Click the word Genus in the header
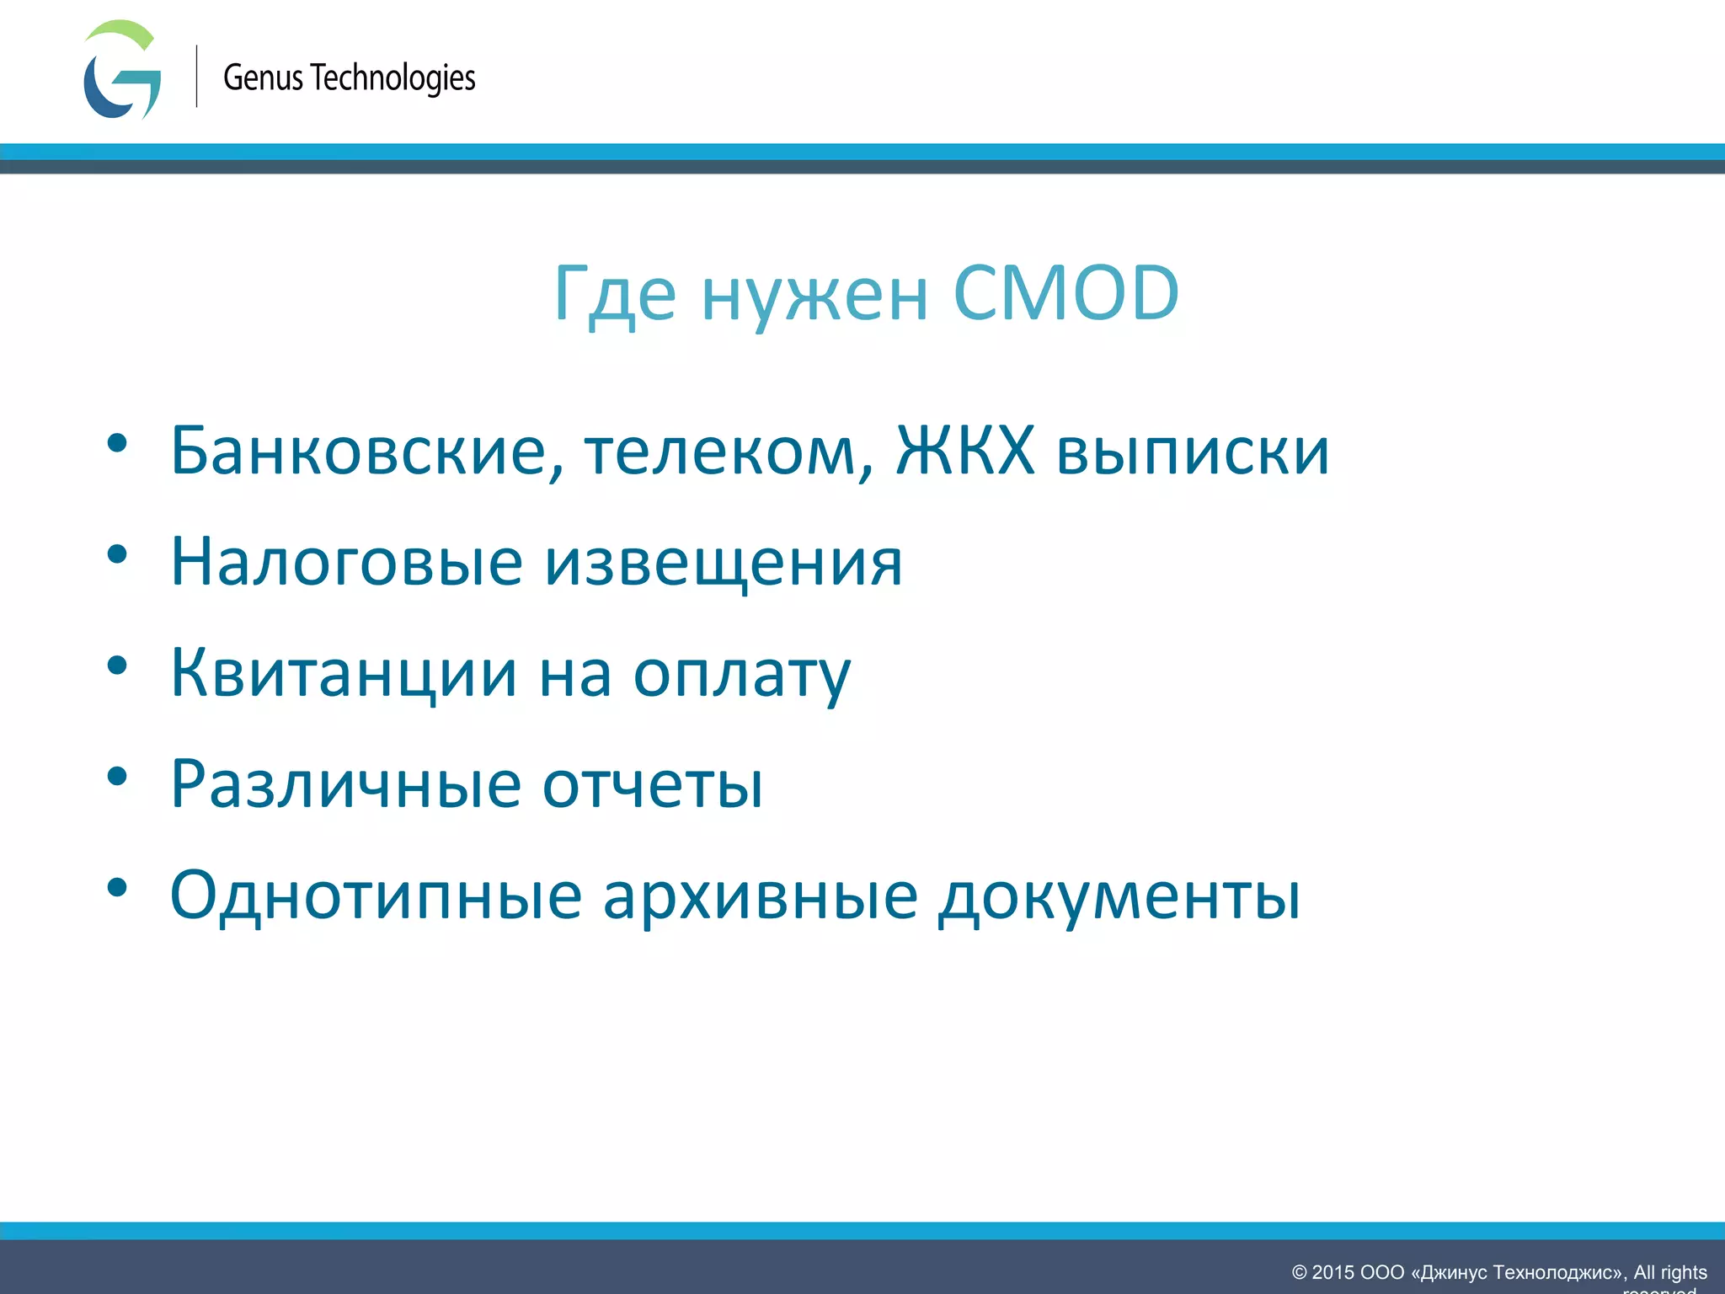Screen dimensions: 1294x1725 (263, 78)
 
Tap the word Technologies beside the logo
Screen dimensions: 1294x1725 (393, 78)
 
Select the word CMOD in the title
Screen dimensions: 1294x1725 (1065, 293)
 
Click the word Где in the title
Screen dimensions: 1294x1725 (615, 295)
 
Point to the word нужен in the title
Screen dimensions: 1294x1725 (814, 297)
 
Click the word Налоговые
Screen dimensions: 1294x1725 (346, 562)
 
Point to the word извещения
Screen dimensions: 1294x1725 (724, 563)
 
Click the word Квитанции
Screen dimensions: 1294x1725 (344, 673)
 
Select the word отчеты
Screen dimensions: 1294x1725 (653, 784)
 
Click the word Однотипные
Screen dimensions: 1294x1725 (376, 896)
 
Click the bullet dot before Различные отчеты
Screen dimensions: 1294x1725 (117, 776)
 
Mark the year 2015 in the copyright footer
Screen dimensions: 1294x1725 (1332, 1272)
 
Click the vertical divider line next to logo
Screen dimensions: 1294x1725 (197, 76)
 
